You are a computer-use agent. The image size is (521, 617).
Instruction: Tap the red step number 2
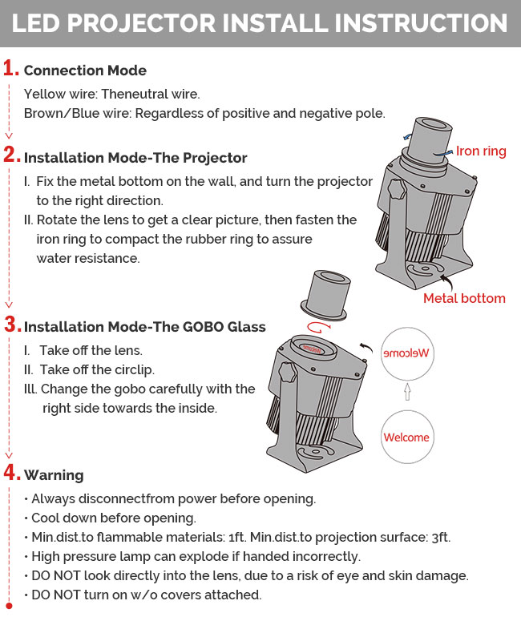[x=10, y=155]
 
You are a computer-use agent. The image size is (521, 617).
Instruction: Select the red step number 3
[x=10, y=325]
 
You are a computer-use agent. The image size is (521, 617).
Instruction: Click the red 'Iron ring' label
[x=481, y=151]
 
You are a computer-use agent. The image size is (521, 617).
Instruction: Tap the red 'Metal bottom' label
[x=464, y=298]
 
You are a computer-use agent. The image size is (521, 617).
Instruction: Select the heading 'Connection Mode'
[x=85, y=71]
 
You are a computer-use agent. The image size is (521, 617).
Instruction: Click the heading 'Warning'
[x=54, y=475]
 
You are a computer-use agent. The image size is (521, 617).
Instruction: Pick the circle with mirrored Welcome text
[x=407, y=353]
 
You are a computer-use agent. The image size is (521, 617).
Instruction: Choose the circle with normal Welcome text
[x=406, y=437]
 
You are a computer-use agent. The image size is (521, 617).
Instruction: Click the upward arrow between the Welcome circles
[x=407, y=392]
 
